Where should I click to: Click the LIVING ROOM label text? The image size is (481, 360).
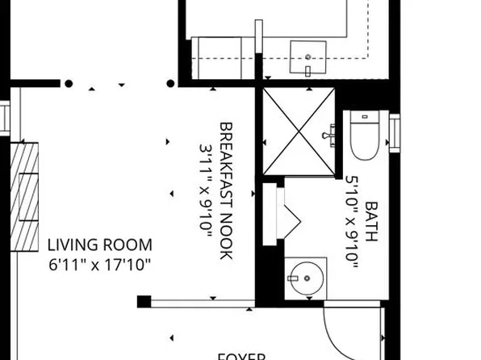99,245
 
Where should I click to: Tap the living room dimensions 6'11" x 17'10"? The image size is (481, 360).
99,263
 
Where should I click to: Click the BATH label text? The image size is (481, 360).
371,221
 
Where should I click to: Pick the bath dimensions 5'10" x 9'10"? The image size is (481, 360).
352,221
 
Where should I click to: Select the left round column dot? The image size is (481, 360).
69,83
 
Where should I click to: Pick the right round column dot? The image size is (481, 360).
171,83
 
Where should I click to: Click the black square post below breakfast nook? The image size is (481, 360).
144,302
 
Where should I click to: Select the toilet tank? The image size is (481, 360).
366,118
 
